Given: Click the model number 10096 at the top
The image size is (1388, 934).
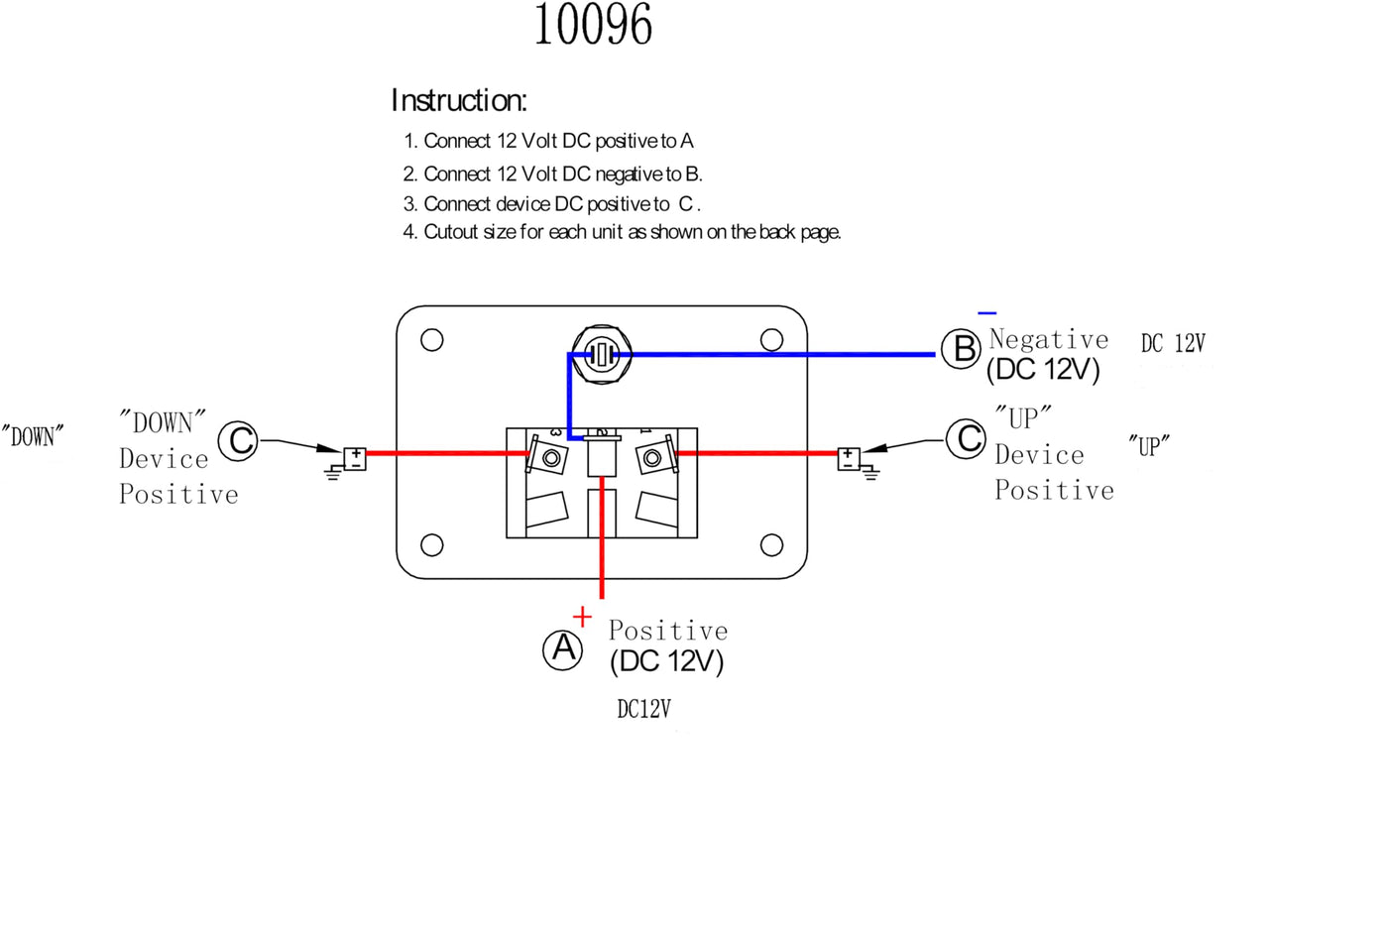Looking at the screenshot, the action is coord(593,24).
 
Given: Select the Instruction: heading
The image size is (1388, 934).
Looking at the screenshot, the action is coord(459,100).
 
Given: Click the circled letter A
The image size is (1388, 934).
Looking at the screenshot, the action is coord(563,649).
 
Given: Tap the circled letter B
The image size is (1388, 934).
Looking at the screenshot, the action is coord(961,349).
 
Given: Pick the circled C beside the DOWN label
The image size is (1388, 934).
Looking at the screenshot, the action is coord(238,440).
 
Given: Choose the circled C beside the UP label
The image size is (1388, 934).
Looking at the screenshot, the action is coord(966,439).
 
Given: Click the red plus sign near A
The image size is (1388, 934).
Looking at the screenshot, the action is coord(582,617).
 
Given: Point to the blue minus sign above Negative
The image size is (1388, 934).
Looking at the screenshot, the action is coord(987,313).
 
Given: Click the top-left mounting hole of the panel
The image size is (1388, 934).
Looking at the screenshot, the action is coord(432,340).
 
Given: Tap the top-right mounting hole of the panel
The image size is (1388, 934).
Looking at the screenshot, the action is coord(771,340).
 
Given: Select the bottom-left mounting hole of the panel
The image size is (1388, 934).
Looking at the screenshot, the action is coord(432,545).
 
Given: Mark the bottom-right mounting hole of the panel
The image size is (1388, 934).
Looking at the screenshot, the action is coord(771,545).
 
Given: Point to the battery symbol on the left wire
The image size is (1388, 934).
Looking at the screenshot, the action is coord(355,459).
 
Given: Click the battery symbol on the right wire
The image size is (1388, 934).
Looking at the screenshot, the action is coord(849,459).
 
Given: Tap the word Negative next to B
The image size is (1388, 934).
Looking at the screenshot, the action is coord(1049,339).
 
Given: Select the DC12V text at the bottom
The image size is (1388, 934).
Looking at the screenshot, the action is coord(643,709).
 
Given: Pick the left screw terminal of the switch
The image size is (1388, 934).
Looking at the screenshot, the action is coord(551,458).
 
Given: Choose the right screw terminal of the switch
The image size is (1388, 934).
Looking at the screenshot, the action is coord(652,458).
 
